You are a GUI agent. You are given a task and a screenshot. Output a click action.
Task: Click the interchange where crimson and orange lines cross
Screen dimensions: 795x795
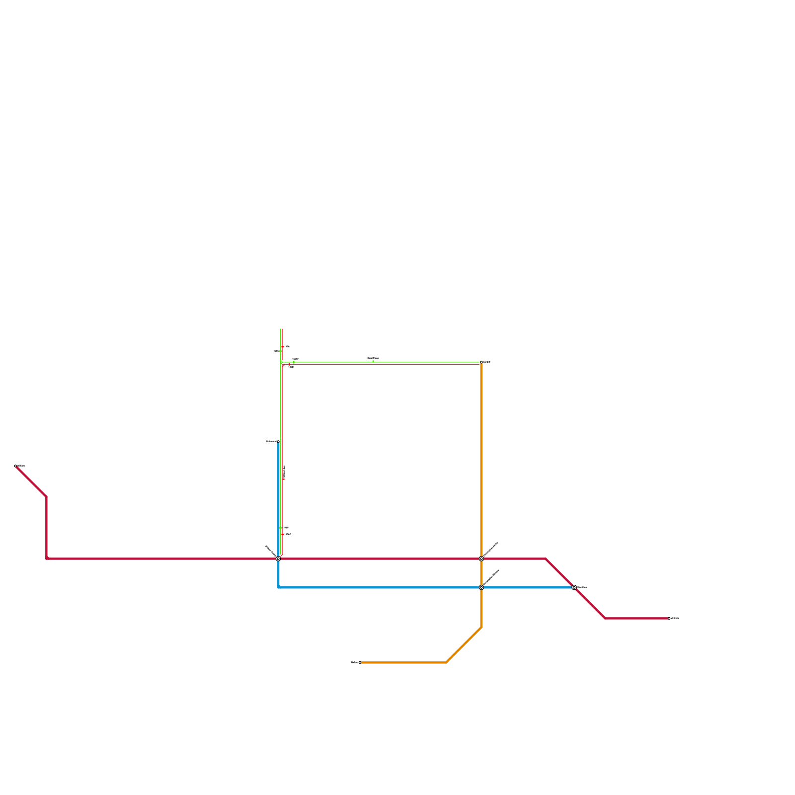coord(481,558)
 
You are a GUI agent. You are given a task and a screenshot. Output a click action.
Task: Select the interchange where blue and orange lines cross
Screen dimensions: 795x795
coord(481,587)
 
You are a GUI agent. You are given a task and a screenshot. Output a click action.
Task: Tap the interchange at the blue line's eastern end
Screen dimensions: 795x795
coord(574,587)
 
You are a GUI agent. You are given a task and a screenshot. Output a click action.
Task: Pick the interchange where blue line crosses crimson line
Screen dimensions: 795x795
coord(278,558)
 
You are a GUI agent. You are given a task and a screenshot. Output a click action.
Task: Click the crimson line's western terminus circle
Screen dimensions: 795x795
coord(16,466)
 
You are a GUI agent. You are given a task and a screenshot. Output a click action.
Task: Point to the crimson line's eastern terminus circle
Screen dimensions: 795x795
coord(669,618)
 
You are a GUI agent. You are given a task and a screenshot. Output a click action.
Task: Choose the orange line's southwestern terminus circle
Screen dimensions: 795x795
coord(360,662)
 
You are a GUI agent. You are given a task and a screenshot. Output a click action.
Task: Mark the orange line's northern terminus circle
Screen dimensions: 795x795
coord(481,362)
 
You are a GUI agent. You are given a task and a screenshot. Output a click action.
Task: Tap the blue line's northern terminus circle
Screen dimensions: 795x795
coord(278,441)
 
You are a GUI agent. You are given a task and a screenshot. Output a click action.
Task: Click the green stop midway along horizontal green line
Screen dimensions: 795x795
coord(373,362)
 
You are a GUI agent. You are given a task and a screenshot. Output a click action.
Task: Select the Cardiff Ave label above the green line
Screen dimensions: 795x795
coord(373,358)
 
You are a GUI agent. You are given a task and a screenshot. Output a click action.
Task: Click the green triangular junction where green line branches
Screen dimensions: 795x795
coord(281,362)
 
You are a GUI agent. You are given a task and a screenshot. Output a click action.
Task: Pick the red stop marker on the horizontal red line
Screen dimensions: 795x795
coord(289,364)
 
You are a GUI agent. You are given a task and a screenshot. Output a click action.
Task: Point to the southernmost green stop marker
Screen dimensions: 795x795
coord(281,528)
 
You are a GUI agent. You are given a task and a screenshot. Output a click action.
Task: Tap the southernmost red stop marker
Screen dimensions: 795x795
coord(283,535)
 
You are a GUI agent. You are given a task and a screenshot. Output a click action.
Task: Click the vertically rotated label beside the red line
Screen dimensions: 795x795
coord(284,472)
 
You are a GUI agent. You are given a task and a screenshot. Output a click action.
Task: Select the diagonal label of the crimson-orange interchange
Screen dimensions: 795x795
coord(491,549)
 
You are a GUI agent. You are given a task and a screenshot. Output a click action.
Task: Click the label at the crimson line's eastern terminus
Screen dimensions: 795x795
coord(675,618)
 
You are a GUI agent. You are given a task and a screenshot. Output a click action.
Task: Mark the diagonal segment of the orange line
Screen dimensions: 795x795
coord(464,645)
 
